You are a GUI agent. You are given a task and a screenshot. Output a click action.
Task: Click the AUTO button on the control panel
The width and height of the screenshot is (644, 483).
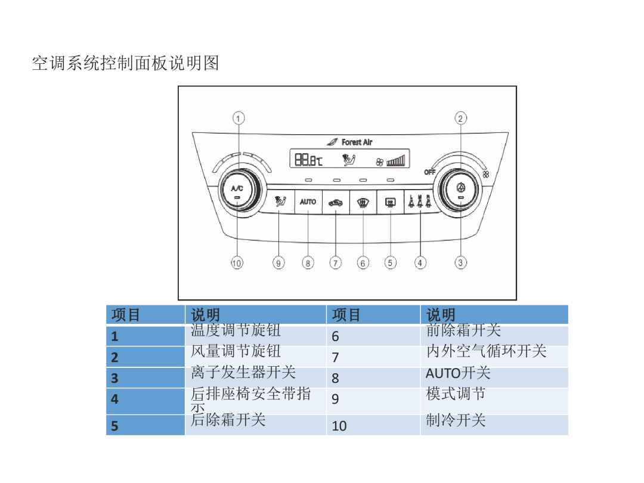click(308, 202)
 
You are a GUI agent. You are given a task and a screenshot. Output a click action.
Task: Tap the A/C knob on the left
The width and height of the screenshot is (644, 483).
click(237, 190)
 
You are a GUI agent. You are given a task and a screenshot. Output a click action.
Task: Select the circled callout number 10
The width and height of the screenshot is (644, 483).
click(237, 263)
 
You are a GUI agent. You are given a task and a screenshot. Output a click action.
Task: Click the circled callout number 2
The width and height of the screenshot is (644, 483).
click(460, 118)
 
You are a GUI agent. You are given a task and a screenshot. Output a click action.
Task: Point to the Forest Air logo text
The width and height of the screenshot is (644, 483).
click(357, 142)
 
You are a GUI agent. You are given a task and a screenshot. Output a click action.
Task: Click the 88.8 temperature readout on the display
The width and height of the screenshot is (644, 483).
click(308, 159)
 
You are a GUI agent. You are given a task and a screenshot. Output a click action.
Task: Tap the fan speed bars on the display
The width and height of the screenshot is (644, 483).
click(396, 160)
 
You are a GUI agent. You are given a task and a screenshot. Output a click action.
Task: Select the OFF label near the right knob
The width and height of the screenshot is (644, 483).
click(429, 172)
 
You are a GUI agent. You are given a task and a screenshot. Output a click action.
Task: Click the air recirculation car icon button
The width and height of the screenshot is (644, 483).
click(336, 202)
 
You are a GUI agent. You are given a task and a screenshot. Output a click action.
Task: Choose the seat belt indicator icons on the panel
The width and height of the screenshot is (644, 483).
click(420, 202)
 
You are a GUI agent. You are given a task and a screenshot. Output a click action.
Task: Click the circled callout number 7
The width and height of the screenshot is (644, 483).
click(336, 263)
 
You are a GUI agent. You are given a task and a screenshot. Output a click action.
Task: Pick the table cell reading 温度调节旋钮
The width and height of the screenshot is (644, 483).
click(236, 330)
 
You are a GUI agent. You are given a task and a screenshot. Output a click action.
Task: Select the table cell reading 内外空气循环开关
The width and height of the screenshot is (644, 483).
click(487, 351)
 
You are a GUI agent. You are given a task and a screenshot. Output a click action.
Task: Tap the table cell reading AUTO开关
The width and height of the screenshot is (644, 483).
click(458, 373)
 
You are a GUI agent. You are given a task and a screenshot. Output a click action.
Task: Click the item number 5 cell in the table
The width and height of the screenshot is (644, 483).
click(145, 426)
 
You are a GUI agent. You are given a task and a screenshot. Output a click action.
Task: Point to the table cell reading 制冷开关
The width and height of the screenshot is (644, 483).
click(456, 420)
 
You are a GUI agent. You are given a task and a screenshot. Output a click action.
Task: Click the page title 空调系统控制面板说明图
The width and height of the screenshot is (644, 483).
click(126, 63)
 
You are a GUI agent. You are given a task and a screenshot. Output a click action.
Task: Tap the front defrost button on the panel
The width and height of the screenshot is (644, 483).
click(363, 202)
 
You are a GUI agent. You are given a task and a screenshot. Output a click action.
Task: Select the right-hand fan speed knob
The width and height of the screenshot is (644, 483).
click(460, 190)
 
